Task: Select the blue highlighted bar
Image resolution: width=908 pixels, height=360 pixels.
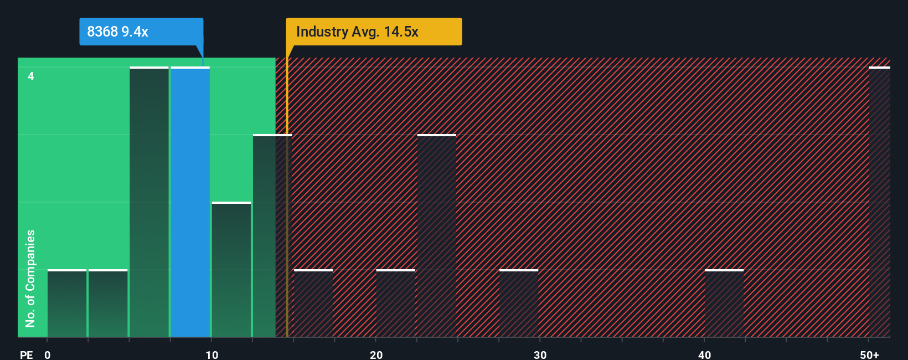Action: [190, 202]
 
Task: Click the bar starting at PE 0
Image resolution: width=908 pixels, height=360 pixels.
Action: [67, 304]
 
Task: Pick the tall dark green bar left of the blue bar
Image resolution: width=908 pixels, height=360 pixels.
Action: [149, 202]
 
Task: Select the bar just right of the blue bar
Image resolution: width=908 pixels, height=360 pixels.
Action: [231, 270]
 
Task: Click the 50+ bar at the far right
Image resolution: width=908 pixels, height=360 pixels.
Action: [879, 202]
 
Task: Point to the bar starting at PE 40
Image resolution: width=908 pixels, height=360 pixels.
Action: [724, 304]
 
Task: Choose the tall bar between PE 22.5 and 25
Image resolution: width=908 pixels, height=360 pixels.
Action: [437, 236]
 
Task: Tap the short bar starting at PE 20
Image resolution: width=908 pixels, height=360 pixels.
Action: [395, 304]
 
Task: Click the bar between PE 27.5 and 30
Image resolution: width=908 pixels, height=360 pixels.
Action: [519, 304]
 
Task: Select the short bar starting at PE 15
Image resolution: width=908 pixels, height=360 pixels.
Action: [313, 304]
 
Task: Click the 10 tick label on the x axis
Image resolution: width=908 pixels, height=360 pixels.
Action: [211, 354]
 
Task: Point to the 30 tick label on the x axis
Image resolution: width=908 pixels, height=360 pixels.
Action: [540, 354]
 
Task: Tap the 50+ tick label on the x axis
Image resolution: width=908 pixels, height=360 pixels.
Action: [869, 354]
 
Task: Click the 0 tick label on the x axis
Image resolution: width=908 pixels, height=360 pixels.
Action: [48, 354]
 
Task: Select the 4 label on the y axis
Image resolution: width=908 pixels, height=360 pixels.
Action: [31, 76]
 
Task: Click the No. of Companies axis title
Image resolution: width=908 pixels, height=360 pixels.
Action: [30, 278]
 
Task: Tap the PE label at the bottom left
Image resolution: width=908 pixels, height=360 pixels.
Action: [26, 354]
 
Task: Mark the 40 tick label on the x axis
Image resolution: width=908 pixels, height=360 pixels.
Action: [704, 354]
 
